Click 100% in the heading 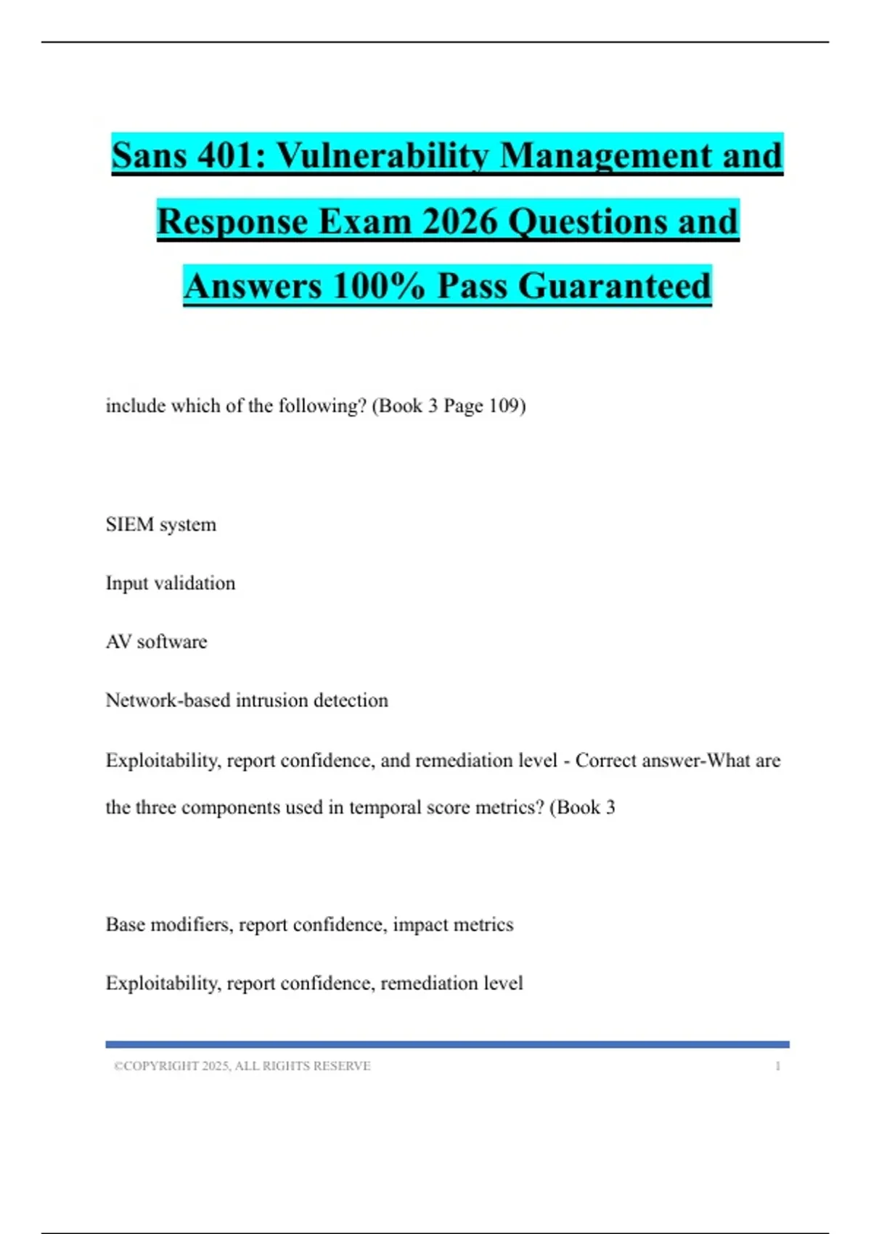click(378, 285)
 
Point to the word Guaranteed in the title click(614, 285)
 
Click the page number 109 click(504, 405)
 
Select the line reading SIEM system click(160, 524)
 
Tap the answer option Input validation click(171, 583)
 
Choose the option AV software click(156, 642)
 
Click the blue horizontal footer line click(447, 1045)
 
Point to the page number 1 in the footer click(777, 1066)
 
